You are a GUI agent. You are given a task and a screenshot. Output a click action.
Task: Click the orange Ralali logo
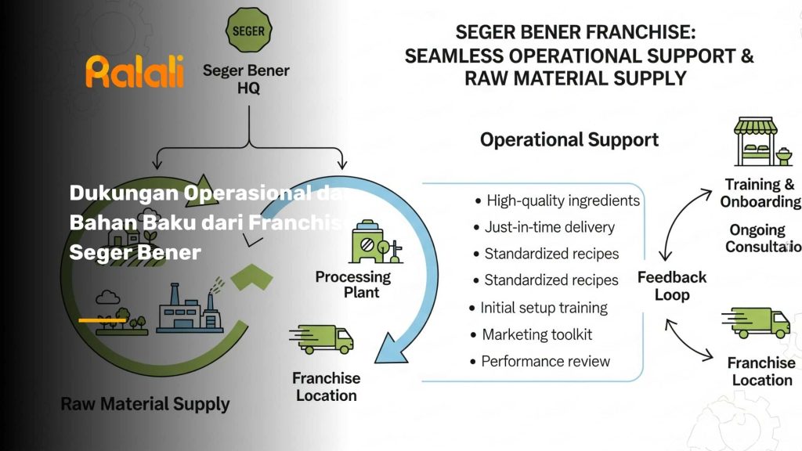[x=135, y=71]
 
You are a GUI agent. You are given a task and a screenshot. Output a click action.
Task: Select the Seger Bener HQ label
[x=246, y=79]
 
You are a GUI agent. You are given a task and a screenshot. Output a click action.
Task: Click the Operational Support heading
[x=569, y=140]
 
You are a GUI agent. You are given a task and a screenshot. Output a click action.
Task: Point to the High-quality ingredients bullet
[x=563, y=200]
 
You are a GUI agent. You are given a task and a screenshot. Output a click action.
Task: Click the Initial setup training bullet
[x=544, y=308]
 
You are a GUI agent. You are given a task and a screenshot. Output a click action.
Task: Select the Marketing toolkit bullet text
[x=536, y=334]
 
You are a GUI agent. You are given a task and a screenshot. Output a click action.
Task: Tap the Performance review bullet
[x=545, y=361]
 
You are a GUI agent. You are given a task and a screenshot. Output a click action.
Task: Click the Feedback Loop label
[x=672, y=286]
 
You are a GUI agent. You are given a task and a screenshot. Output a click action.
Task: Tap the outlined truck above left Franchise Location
[x=323, y=339]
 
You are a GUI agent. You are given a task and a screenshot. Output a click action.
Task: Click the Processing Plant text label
[x=353, y=284]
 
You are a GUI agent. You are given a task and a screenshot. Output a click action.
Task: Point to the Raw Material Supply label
[x=145, y=405]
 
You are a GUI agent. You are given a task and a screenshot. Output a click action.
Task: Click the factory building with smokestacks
[x=188, y=309]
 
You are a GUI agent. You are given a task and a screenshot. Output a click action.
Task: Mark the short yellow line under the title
[x=103, y=320]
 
